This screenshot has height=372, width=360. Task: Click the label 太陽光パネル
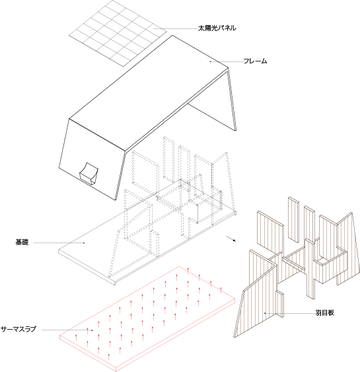point(217,28)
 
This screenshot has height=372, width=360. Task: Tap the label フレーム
point(256,61)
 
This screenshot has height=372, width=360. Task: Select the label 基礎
point(22,242)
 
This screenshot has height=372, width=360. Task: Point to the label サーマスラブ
point(18,329)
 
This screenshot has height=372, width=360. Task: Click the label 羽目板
point(325,313)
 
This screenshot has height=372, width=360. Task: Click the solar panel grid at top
point(118,33)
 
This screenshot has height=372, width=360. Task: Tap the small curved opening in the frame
point(89,174)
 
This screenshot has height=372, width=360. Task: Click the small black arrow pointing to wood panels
point(231,239)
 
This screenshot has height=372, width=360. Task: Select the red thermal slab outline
point(147,319)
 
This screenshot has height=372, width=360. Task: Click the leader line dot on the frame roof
point(210,61)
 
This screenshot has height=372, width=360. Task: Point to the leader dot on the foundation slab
point(84,242)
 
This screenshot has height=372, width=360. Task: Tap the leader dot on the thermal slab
point(92,330)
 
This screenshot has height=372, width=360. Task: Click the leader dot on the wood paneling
point(265,313)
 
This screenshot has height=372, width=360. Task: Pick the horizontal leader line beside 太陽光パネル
point(176,28)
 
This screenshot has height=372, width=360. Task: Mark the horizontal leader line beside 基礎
point(59,242)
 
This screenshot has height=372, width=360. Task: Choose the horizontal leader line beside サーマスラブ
point(67,330)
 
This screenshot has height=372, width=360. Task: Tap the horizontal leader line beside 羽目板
point(289,313)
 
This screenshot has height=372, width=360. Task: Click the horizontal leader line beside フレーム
point(227,61)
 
